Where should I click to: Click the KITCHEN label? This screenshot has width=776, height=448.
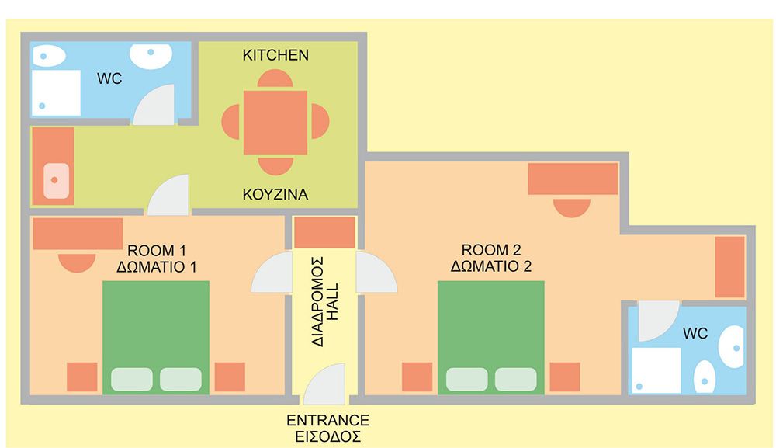point(275,55)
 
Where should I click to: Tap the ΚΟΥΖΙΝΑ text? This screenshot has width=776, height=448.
point(275,195)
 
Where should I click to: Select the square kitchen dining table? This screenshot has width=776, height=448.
point(275,122)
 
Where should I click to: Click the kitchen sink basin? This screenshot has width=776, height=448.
point(56,181)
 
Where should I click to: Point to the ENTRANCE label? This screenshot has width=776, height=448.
point(327,420)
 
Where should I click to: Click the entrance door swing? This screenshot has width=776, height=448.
point(324,384)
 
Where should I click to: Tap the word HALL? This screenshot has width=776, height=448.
point(334,301)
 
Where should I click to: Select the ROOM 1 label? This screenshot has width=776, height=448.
point(158,251)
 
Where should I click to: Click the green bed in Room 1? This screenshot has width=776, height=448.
point(156,338)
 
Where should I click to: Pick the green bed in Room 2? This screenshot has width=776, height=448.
point(491,338)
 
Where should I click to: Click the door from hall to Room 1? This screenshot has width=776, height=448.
point(272,272)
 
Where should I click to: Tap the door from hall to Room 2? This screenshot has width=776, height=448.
point(376,272)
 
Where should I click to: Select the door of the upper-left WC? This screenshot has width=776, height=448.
point(154,105)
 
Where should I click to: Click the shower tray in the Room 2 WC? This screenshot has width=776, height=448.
point(656,370)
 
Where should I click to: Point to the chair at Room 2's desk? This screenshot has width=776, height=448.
point(572,208)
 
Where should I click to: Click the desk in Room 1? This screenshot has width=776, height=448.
point(78,234)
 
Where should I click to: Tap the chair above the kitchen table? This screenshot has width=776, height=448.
point(275,79)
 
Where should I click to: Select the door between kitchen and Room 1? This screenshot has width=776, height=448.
point(168,195)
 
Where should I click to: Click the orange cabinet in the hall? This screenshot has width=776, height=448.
point(324,232)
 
